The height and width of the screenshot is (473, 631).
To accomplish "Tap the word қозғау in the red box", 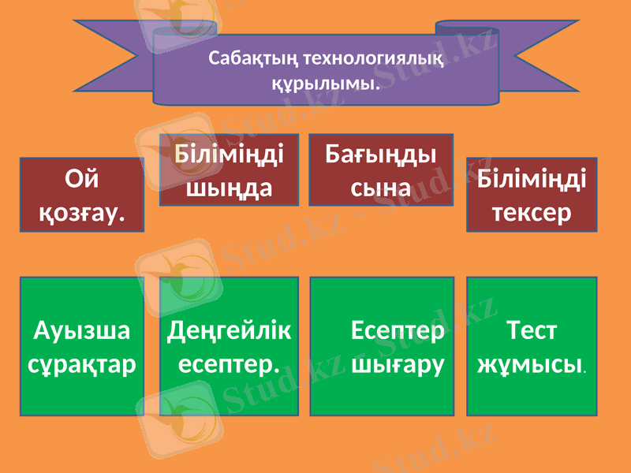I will (x=82, y=212).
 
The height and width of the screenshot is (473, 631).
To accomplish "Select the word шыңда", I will (x=229, y=188).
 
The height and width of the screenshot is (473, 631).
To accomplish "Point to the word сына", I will (x=381, y=188).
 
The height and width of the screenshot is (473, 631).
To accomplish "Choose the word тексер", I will (x=532, y=212).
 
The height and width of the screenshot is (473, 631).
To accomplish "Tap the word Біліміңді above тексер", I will (x=532, y=181).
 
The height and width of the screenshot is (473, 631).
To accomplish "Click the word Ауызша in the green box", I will (x=82, y=331).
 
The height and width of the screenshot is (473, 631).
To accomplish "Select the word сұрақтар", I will (x=82, y=363).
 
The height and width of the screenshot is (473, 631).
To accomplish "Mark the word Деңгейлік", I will (x=229, y=331).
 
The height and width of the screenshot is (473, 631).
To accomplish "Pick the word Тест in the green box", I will (x=532, y=331).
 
